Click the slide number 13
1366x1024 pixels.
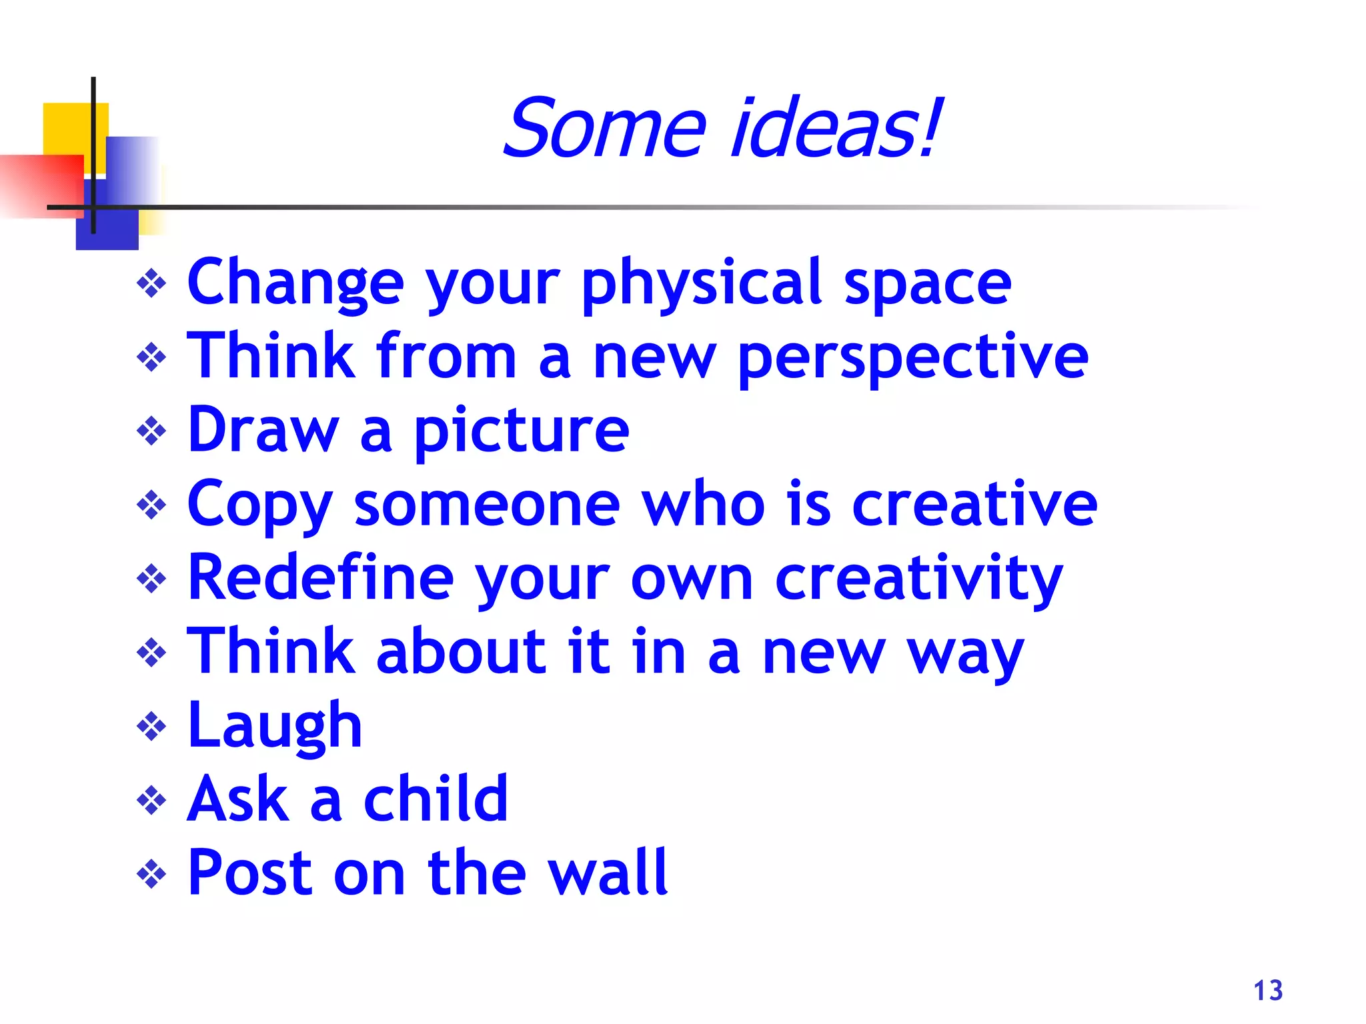(1268, 991)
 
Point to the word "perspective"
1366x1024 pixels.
(913, 358)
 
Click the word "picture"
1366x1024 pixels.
(522, 431)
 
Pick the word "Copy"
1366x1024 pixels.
(259, 505)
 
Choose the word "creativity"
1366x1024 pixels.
(919, 579)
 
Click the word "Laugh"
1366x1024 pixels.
(275, 726)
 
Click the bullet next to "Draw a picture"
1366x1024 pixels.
(151, 431)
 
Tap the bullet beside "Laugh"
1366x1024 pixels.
(151, 727)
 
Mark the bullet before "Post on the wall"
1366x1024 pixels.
(151, 874)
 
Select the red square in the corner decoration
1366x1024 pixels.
(40, 185)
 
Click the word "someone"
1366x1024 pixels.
(487, 505)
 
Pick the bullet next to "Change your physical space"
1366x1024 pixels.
(151, 284)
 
